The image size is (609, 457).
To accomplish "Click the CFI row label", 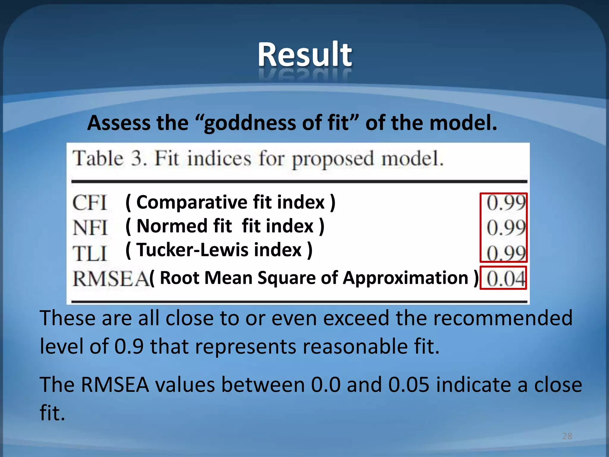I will pos(90,203).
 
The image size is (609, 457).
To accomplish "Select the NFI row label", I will pos(90,228).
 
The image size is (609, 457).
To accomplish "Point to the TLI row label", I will pos(90,254).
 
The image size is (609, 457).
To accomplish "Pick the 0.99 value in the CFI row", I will pos(506,203).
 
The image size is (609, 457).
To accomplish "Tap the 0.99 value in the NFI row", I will pos(506,228).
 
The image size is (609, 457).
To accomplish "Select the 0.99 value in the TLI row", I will pos(506,253).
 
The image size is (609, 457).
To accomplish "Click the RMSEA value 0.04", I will pos(505,279).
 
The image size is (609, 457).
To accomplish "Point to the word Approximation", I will pos(406,278).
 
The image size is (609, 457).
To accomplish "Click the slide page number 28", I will pos(567,436).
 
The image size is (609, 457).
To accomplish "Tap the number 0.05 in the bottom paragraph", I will pos(409,385).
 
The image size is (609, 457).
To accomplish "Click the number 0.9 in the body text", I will pos(129,346).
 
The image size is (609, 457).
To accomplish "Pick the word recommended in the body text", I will pos(503,318).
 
